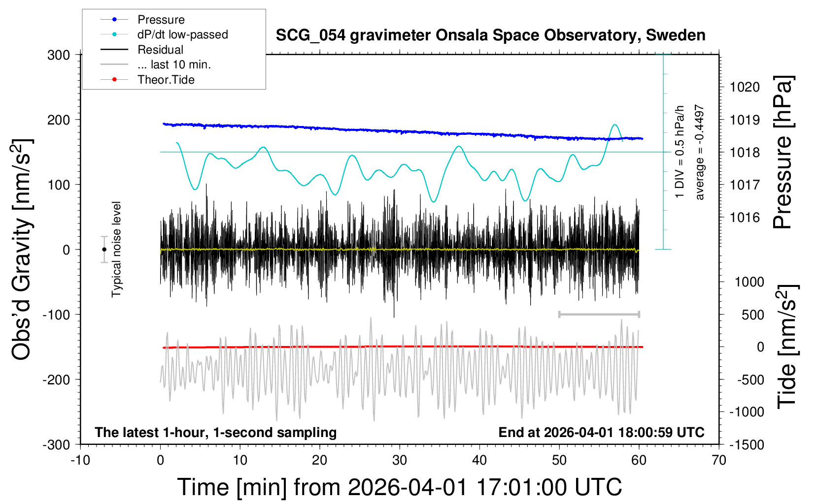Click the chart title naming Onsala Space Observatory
click(490, 35)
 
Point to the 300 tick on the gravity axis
click(59, 55)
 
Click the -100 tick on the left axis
click(57, 314)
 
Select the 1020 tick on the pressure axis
click(745, 87)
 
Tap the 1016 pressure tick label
click(745, 217)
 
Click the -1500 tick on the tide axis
click(747, 444)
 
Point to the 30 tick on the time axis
click(400, 461)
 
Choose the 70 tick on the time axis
click(719, 461)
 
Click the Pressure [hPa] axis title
click(783, 153)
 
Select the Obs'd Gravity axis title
click(22, 250)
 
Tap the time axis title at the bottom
click(400, 487)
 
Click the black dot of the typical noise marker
click(104, 250)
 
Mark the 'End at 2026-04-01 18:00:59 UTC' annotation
click(601, 433)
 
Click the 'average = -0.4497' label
click(699, 153)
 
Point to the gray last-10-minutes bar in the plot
click(599, 314)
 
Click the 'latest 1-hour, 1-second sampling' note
click(216, 433)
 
